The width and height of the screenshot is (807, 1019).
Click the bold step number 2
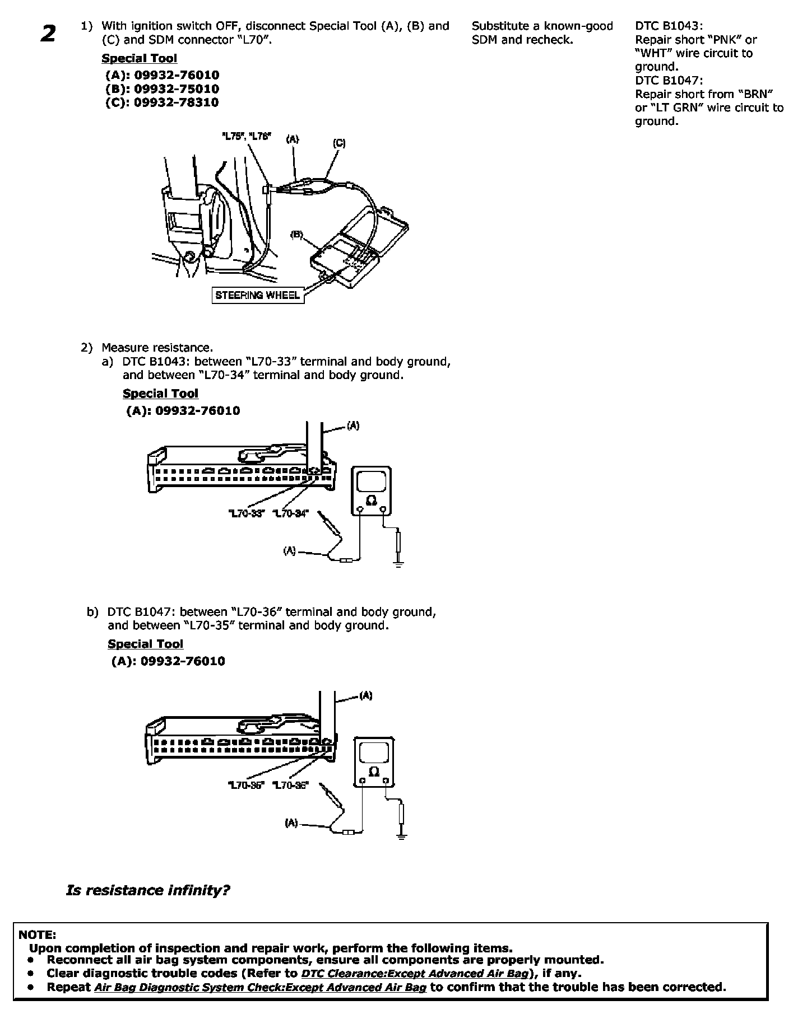click(x=48, y=34)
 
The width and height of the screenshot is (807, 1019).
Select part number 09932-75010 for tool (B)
click(x=176, y=89)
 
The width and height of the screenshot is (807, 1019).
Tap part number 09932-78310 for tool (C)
click(x=176, y=102)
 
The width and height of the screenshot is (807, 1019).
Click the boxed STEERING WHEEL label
click(x=258, y=295)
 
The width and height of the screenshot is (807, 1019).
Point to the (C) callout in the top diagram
click(x=339, y=143)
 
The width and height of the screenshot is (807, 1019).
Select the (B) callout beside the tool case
click(x=296, y=235)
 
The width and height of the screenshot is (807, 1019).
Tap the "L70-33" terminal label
click(x=246, y=513)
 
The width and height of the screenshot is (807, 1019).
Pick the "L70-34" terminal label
click(x=290, y=513)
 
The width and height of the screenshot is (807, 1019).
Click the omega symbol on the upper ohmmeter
click(x=370, y=501)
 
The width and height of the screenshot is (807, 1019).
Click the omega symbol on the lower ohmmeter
click(x=374, y=772)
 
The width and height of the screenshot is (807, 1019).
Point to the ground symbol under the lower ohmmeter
click(x=401, y=836)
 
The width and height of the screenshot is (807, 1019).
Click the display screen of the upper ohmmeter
click(x=370, y=480)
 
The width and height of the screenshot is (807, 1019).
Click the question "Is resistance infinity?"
click(x=148, y=890)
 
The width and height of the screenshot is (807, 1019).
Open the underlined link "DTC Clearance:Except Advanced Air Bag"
click(x=415, y=974)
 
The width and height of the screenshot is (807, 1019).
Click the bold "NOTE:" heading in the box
click(x=37, y=934)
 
